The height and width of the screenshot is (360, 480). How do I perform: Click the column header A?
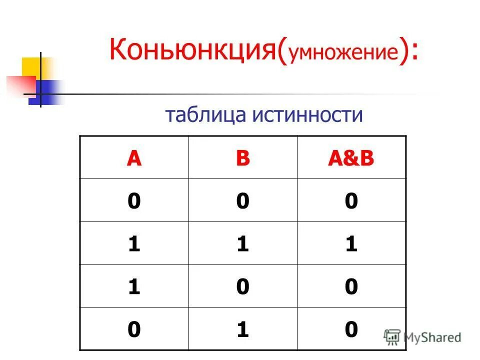pos(133,158)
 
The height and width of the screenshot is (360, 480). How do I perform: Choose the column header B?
pos(243,158)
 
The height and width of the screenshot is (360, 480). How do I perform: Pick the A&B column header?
pos(351,158)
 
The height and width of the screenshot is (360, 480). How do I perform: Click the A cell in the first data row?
pos(133,201)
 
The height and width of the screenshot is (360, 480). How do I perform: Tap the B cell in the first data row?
pos(243,201)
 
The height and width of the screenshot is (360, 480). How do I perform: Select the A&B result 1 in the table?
pos(351,244)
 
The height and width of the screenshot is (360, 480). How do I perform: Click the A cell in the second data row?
pos(133,244)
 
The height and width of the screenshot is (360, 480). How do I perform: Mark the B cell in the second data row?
pos(243,244)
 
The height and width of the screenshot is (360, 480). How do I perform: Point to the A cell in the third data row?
pos(133,287)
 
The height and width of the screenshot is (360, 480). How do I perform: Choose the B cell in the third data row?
pos(243,287)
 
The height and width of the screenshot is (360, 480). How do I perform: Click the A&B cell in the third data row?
pos(351,287)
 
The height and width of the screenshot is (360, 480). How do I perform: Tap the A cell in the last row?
pos(133,329)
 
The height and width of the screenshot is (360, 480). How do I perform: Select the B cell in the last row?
pos(243,329)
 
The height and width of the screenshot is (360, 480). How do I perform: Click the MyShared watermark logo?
pos(423,337)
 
